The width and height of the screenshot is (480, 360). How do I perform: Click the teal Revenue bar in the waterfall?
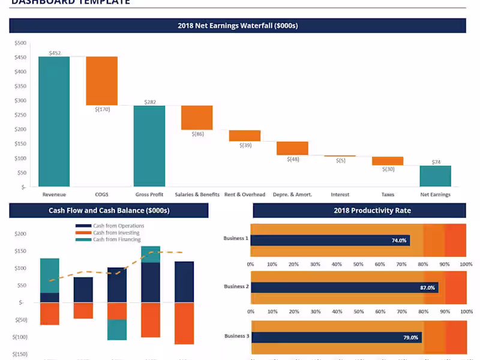[x=54, y=121]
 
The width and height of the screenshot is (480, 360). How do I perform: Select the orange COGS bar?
[x=101, y=80]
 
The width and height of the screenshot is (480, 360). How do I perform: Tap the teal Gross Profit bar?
[x=149, y=146]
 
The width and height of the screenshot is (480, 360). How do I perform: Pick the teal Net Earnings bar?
[x=435, y=176]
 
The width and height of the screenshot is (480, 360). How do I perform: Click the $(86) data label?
[x=197, y=134]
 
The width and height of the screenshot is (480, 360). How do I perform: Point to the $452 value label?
[x=55, y=53]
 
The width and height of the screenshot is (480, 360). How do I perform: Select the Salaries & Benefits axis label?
[x=197, y=194]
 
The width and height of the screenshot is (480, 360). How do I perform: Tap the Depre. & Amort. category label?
[x=292, y=194]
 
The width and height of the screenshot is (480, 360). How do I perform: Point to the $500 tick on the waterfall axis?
[x=20, y=43]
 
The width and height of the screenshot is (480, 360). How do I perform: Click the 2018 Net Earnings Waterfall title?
[x=238, y=26]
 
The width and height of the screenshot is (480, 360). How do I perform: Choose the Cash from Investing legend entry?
[x=116, y=233]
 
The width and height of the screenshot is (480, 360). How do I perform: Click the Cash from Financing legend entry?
[x=116, y=239]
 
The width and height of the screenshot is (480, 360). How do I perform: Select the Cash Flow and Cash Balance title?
[x=109, y=211]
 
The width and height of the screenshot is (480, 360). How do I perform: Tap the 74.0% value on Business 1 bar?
[x=399, y=241]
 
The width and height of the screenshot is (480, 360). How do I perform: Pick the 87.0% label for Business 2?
[x=427, y=288]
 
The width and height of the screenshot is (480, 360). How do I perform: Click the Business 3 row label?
[x=236, y=336]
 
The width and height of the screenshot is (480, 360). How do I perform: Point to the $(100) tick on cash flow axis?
[x=20, y=337]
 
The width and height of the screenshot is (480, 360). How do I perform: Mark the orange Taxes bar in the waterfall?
[x=388, y=161]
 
